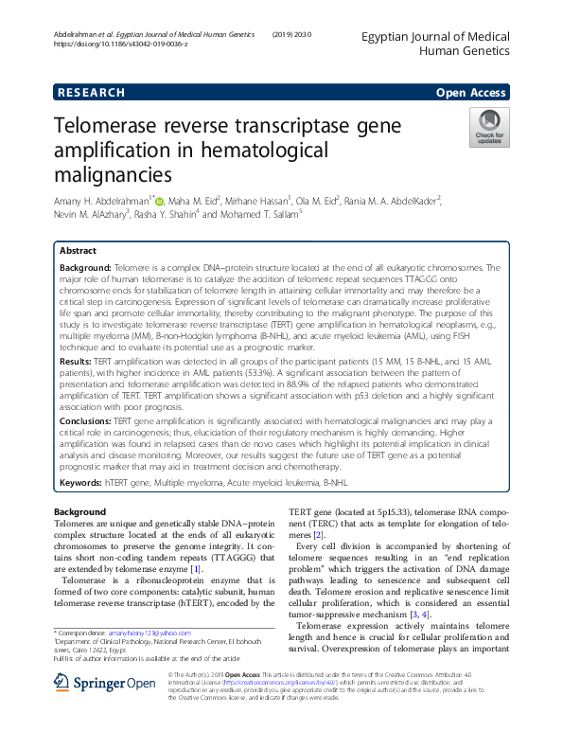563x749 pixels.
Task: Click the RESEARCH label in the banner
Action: [x=91, y=92]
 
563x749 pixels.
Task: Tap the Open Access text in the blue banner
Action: [x=470, y=92]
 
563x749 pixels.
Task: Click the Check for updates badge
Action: [x=489, y=128]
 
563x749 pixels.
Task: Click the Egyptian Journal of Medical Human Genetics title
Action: [x=436, y=42]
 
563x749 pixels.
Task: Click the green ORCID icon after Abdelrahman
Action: [x=159, y=201]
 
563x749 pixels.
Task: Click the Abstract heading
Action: [x=78, y=251]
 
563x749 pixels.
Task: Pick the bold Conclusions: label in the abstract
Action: [x=88, y=422]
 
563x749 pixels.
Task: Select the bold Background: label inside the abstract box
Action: [x=86, y=270]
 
